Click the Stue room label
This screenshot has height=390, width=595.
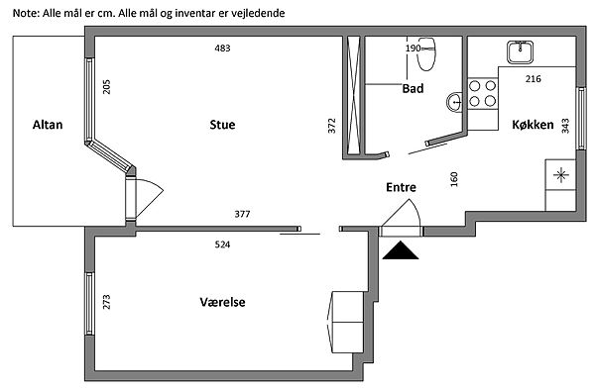click(x=222, y=125)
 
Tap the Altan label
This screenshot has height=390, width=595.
click(x=48, y=125)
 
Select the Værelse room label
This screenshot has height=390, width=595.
click(x=222, y=302)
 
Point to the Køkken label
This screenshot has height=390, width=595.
click(x=533, y=125)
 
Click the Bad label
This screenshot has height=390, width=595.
click(x=413, y=89)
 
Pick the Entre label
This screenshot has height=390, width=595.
click(x=401, y=187)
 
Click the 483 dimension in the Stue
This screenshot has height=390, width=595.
click(x=222, y=49)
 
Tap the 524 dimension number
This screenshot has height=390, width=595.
click(x=222, y=244)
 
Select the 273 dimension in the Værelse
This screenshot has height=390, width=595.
click(x=107, y=302)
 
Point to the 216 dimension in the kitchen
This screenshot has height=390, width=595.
click(x=534, y=79)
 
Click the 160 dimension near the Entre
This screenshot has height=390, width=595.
click(x=454, y=179)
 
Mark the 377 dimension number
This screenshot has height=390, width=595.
click(x=242, y=215)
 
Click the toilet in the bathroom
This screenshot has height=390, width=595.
click(x=426, y=54)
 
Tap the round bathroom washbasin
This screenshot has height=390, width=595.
click(x=454, y=102)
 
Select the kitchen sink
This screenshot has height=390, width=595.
click(x=520, y=52)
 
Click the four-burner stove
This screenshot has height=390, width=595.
click(x=483, y=93)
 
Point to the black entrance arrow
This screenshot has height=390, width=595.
click(x=401, y=250)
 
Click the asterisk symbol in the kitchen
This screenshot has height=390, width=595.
click(x=561, y=175)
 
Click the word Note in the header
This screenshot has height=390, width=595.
click(x=26, y=13)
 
